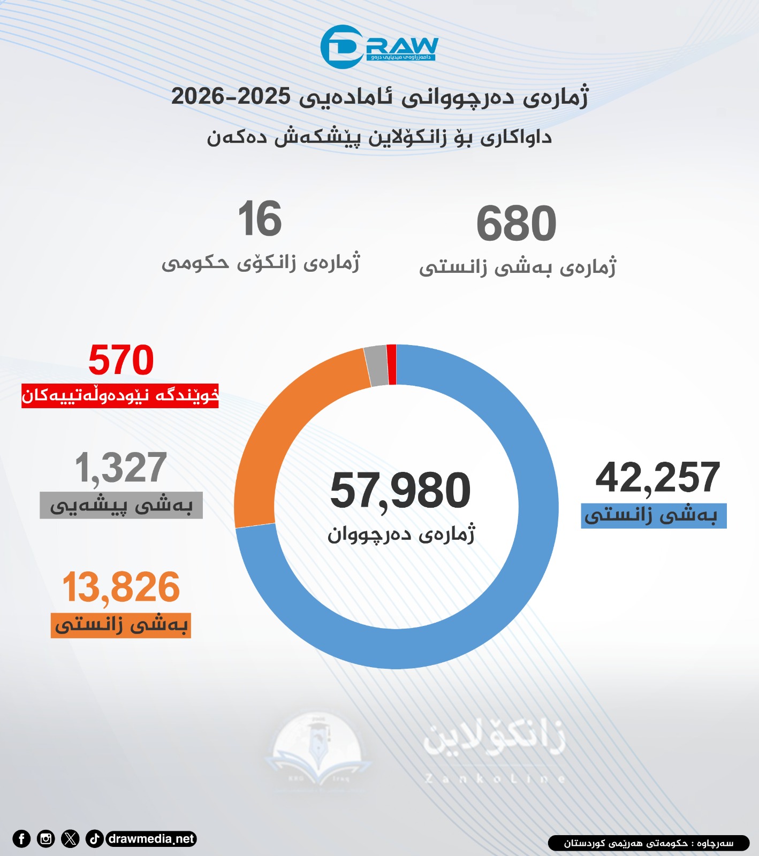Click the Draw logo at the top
click(379, 47)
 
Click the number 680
click(516, 224)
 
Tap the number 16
click(260, 219)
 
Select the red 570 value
click(121, 360)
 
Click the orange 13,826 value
click(121, 587)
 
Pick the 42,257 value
click(657, 478)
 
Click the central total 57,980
click(400, 491)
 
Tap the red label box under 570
click(120, 396)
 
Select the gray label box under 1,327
click(121, 506)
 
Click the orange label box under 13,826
click(121, 625)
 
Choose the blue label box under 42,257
click(653, 516)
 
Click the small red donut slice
click(391, 365)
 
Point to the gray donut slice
click(377, 366)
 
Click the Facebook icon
click(21, 839)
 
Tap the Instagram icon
click(46, 839)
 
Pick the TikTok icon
click(95, 839)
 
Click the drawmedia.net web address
click(151, 839)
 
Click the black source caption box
click(648, 843)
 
